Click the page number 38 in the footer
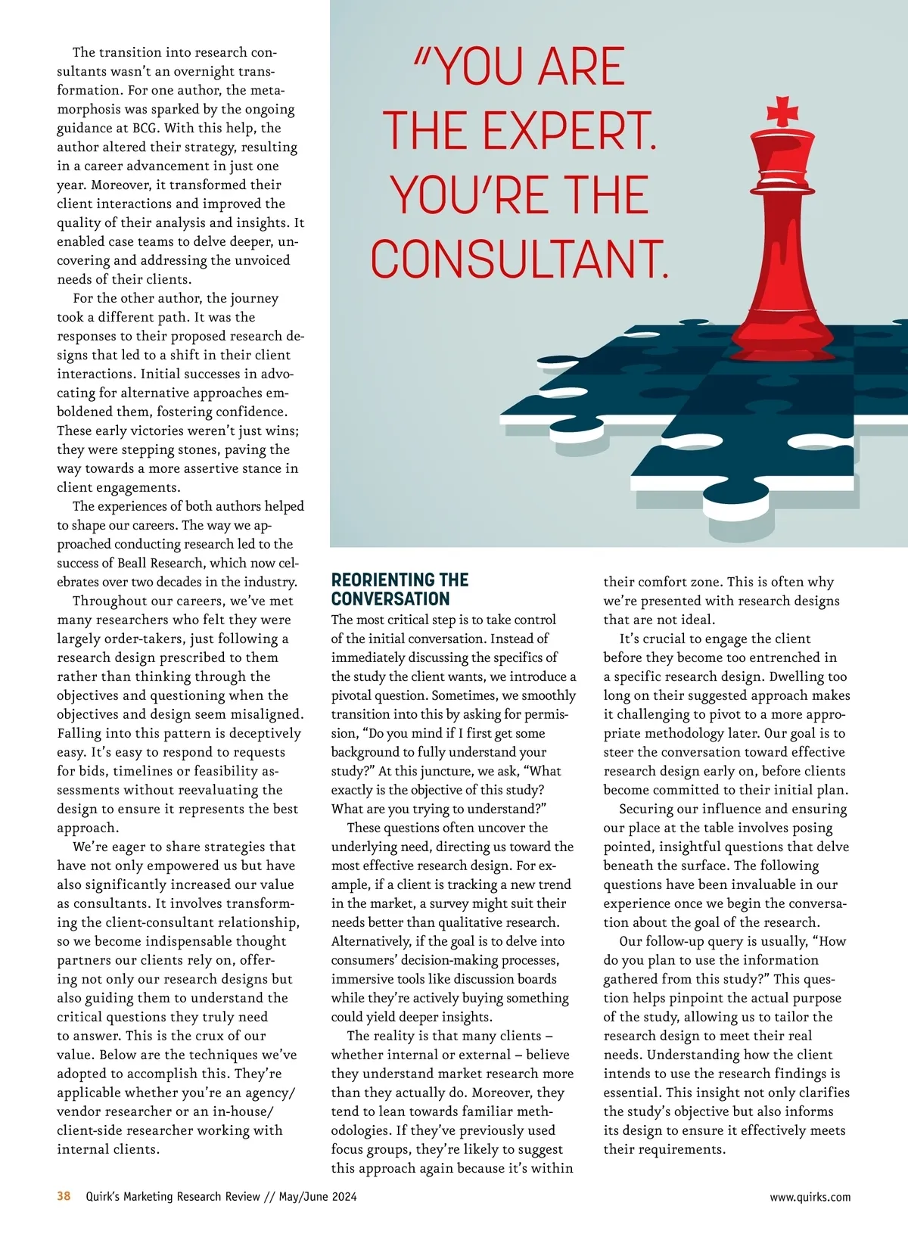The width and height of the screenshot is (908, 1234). (x=64, y=1196)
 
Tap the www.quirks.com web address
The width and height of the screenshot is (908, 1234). (x=810, y=1197)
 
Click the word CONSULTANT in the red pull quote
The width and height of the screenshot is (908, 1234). (x=519, y=260)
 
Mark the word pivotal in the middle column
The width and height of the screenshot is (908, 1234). (x=355, y=695)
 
